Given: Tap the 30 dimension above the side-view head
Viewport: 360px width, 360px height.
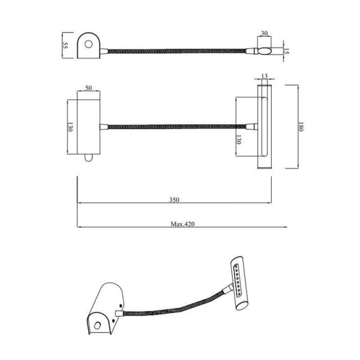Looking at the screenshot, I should point(264,34).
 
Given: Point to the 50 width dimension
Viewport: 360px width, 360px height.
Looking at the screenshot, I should point(89,88).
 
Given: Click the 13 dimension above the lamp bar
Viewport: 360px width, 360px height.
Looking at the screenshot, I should point(264,76).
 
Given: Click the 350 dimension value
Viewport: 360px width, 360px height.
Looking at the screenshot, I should point(175,199).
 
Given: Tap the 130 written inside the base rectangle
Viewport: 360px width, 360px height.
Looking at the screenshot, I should point(70,128).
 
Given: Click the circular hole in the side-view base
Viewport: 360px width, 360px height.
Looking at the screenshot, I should point(89,44).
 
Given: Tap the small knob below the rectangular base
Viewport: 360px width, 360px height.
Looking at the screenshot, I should point(89,158).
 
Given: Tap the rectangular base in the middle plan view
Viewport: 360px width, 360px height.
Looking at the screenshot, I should point(89,126).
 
